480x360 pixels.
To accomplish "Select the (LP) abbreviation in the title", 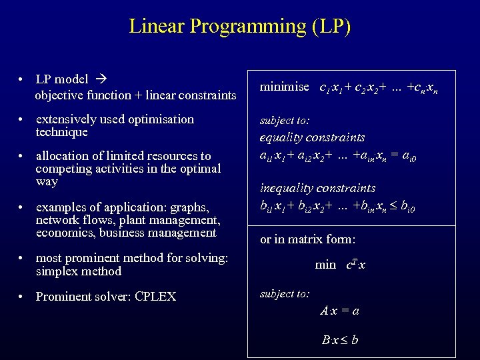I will pos(329,27).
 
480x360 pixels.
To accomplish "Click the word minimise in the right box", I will pos(284,87).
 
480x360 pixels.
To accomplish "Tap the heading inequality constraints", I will pos(317,189).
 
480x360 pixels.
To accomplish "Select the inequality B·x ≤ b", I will pos(339,340).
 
